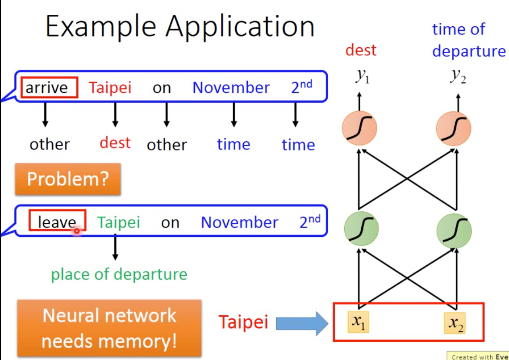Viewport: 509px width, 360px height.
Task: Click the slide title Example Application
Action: tap(180, 27)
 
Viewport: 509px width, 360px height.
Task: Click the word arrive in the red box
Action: tap(49, 88)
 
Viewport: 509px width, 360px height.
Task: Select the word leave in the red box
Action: tap(57, 222)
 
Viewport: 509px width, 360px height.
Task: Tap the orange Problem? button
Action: tap(68, 179)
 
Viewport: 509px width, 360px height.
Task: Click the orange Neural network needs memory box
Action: tap(109, 328)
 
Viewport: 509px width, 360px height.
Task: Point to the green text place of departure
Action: tap(119, 274)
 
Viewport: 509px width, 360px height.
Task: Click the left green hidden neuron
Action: tap(361, 228)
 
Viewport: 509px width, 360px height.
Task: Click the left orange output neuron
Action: tap(359, 128)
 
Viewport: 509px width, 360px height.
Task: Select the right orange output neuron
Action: tap(454, 128)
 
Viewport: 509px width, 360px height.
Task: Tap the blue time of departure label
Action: tap(468, 40)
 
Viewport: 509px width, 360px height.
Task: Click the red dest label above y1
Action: tap(361, 50)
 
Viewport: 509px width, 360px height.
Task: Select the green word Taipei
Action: tap(119, 222)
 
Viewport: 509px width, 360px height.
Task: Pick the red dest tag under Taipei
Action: tap(115, 143)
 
